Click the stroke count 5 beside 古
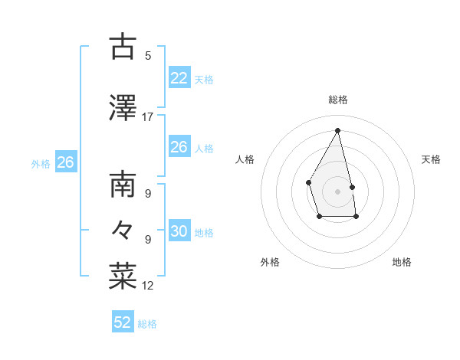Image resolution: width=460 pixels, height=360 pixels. tap(148, 56)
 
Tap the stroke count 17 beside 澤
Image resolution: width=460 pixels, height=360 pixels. tap(148, 117)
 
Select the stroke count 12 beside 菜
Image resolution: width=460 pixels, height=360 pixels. tap(148, 286)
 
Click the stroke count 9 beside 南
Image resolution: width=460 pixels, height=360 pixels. tap(148, 194)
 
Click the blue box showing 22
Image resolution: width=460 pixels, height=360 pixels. tap(179, 78)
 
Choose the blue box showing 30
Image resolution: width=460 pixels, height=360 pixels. tap(179, 231)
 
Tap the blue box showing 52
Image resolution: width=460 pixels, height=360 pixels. tap(123, 322)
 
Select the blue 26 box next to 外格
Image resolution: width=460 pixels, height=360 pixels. tap(66, 162)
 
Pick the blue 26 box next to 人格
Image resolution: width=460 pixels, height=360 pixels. tap(179, 147)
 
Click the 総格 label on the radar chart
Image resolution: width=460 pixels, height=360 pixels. tap(338, 100)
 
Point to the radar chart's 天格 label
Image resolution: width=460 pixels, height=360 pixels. tap(431, 159)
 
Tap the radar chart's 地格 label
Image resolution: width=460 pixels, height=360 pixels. tap(402, 262)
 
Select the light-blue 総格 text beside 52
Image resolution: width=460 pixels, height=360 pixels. tap(147, 324)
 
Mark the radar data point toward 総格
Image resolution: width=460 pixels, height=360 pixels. tap(338, 130)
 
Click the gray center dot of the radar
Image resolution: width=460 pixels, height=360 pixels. tap(338, 191)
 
